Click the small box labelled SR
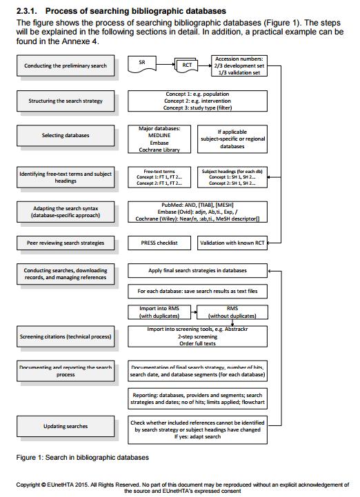coord(142,63)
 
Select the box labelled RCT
coord(187,65)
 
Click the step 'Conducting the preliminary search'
coord(65,66)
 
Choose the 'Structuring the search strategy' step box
coord(65,101)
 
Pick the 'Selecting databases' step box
coord(65,135)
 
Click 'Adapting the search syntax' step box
coord(65,212)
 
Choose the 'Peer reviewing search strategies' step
coord(65,243)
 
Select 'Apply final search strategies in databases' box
coord(198,271)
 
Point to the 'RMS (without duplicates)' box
coord(232,312)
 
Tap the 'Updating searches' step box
coord(65,426)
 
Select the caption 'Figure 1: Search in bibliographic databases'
coord(82,457)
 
